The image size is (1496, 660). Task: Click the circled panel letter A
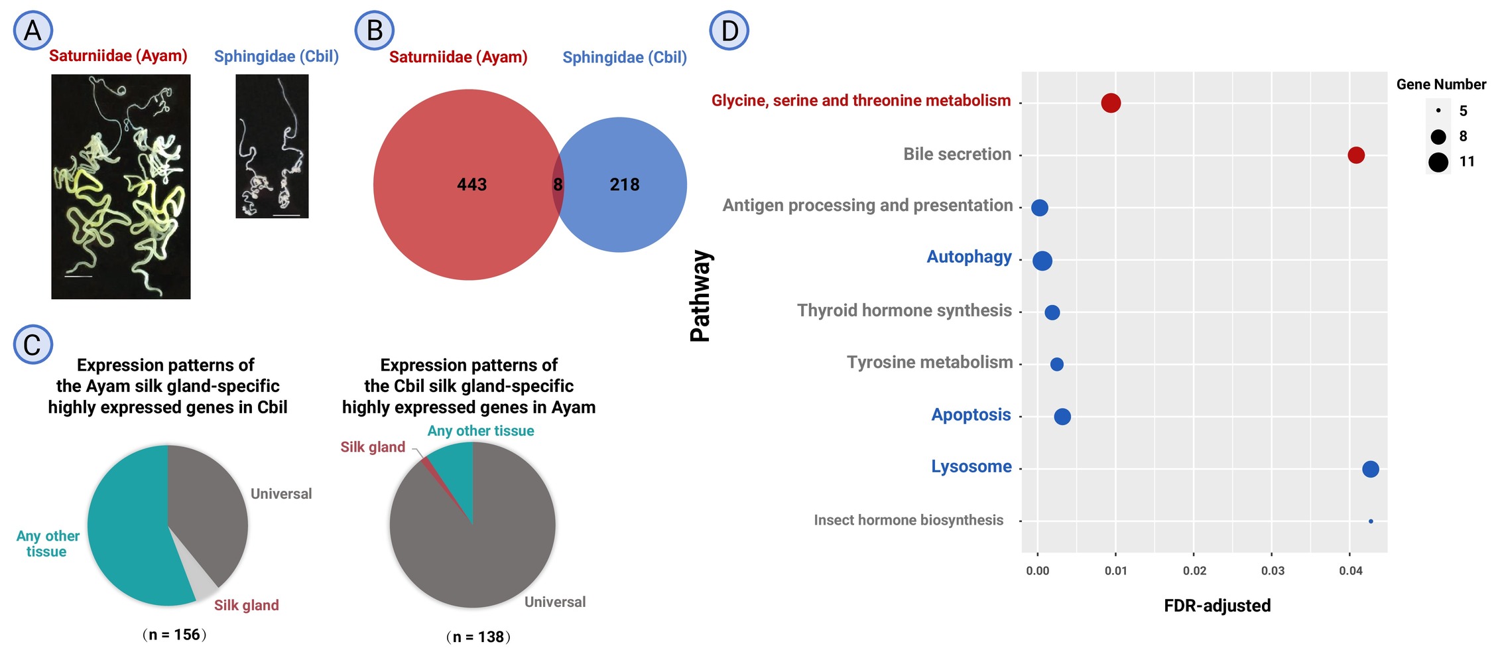(32, 31)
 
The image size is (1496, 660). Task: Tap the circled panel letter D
(729, 31)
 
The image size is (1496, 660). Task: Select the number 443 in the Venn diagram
(471, 184)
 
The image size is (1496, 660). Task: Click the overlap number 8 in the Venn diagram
(558, 184)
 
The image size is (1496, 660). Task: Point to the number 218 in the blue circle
(624, 184)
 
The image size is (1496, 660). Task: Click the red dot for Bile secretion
(1355, 155)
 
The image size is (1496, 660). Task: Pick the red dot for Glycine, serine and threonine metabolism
(1111, 103)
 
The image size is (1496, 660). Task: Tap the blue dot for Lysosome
(1370, 469)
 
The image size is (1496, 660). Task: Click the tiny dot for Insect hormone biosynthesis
(1371, 521)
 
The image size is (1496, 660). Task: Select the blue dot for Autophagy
(1042, 261)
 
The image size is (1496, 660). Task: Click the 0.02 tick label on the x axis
(1194, 570)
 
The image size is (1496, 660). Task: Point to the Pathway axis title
(700, 296)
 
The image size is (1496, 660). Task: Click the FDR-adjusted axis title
(1217, 606)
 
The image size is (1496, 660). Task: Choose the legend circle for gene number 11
(1438, 162)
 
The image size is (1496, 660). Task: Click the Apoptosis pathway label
(971, 415)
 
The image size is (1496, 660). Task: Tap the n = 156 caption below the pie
(174, 635)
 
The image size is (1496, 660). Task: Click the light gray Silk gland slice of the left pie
(204, 582)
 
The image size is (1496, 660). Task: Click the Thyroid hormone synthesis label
(904, 310)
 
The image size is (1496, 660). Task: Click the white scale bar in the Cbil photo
(286, 215)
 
